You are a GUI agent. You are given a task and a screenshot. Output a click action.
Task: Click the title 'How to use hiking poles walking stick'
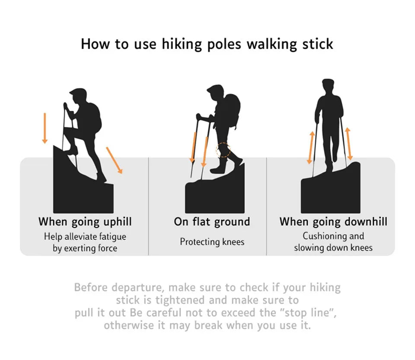(x=207, y=44)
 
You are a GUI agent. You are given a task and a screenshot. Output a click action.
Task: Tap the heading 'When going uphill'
(x=85, y=222)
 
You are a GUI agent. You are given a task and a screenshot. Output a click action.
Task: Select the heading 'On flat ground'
(x=212, y=222)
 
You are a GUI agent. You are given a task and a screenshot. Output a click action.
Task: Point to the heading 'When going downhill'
(x=333, y=222)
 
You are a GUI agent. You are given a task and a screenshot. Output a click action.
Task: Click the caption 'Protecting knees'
(x=212, y=242)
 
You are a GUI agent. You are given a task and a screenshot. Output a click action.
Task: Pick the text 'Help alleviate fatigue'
(x=85, y=237)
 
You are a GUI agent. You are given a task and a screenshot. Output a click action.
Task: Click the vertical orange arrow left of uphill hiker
(x=45, y=128)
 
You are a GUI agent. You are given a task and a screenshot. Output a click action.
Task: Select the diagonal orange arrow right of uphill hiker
(x=114, y=160)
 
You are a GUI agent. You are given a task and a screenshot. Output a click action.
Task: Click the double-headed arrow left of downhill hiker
(x=311, y=147)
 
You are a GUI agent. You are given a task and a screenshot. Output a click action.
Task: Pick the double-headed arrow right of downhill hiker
(x=349, y=144)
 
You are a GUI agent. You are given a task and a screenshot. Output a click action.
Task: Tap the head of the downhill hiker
(x=328, y=86)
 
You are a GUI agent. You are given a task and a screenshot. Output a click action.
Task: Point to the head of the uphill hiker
(x=79, y=96)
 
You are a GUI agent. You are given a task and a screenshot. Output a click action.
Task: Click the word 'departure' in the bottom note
(x=137, y=288)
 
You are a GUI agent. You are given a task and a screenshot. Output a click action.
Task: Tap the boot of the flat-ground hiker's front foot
(x=217, y=170)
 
